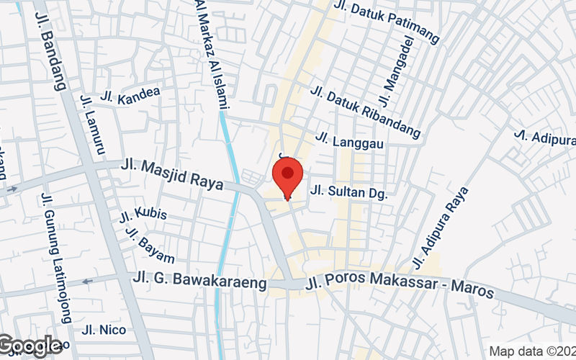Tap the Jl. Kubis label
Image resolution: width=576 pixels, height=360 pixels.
[143, 214]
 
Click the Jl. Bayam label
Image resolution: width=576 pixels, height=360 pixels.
[150, 245]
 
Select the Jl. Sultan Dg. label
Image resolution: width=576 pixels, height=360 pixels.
[348, 193]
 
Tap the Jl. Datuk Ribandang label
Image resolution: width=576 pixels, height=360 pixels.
[366, 111]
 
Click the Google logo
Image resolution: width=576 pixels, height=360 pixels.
[30, 346]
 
